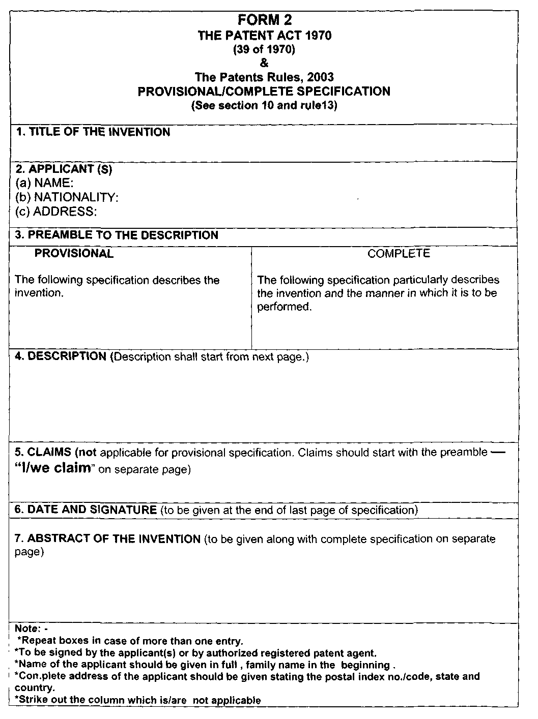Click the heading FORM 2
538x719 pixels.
[264, 20]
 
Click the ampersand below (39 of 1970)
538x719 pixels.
[264, 64]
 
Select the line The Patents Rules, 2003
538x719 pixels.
[264, 77]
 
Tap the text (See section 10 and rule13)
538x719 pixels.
[264, 106]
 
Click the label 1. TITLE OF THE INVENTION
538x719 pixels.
[93, 132]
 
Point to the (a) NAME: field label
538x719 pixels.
[44, 183]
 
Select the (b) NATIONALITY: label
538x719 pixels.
[67, 197]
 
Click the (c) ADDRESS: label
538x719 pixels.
[56, 212]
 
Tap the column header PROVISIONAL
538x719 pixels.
[74, 253]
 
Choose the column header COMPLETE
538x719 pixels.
[399, 253]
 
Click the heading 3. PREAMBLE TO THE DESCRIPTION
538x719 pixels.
[117, 235]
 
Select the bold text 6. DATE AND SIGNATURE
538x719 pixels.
[86, 510]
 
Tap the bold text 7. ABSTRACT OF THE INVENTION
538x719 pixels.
[107, 538]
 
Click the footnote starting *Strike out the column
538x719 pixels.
[138, 700]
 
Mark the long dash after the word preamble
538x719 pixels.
[498, 452]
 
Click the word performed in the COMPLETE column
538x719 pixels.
[283, 307]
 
